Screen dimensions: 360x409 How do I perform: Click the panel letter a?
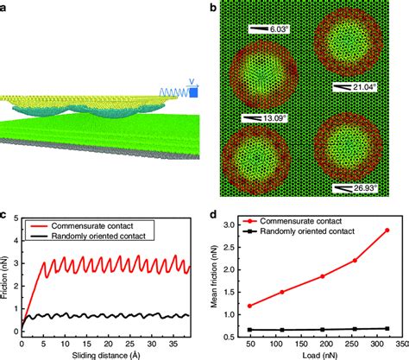coord(5,6)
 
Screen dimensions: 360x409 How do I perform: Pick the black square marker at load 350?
coord(386,328)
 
